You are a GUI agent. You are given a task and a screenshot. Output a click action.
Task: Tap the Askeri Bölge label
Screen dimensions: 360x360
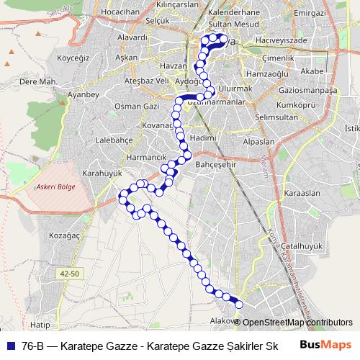tap(55, 186)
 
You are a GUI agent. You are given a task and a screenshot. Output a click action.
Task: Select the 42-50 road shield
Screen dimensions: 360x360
tap(70, 274)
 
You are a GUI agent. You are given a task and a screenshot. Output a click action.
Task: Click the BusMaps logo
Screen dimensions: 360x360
tap(325, 345)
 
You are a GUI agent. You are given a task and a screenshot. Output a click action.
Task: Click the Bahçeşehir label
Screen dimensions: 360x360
tap(216, 164)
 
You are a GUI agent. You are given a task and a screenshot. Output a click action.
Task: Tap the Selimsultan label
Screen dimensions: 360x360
tap(276, 117)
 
